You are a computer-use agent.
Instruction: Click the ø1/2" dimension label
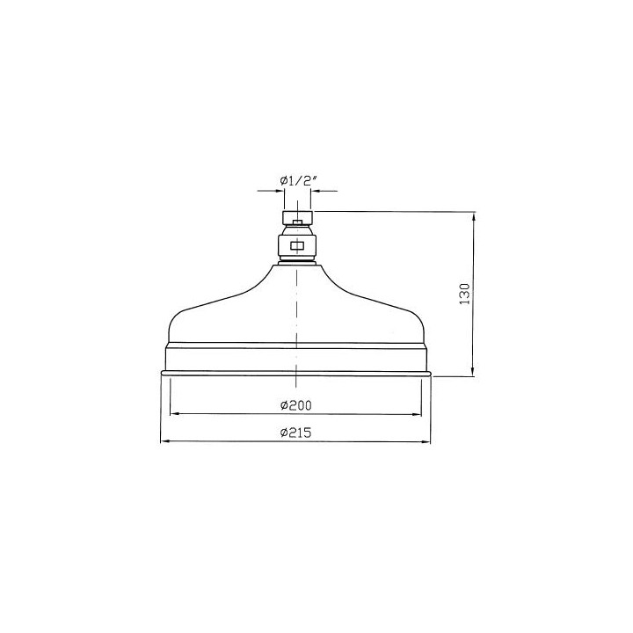tap(297, 181)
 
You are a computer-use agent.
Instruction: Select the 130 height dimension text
tap(465, 294)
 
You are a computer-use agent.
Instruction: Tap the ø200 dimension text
tap(296, 405)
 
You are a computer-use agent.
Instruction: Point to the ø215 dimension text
tap(296, 433)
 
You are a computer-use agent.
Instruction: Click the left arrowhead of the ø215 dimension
tap(165, 441)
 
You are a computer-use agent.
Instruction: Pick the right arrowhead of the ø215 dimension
tap(426, 442)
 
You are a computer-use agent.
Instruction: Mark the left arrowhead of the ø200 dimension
tap(175, 414)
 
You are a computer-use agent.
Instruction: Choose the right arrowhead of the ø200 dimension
tap(417, 414)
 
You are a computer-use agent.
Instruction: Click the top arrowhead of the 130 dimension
tap(474, 216)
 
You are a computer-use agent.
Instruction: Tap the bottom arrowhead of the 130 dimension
tap(474, 371)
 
